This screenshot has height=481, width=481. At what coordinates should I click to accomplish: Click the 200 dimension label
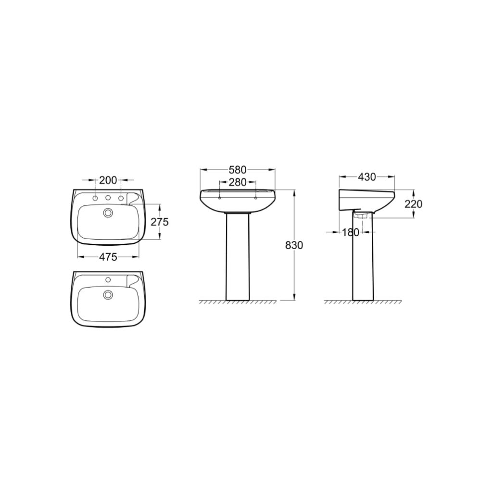coord(108,180)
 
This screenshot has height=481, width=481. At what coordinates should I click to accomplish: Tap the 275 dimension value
coord(160,221)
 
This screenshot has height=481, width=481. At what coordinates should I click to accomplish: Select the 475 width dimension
coord(108,257)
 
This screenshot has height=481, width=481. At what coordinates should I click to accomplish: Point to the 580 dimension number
coord(238,169)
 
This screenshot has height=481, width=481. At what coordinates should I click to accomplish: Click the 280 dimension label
coord(238,182)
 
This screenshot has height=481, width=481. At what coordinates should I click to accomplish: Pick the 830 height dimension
coord(294,245)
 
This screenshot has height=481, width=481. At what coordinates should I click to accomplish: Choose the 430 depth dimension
coord(367,177)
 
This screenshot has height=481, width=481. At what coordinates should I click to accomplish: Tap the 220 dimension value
coord(413,203)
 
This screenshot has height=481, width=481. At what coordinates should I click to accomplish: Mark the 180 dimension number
coord(350,232)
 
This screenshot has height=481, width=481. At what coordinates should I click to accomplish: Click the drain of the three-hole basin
coord(108,213)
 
